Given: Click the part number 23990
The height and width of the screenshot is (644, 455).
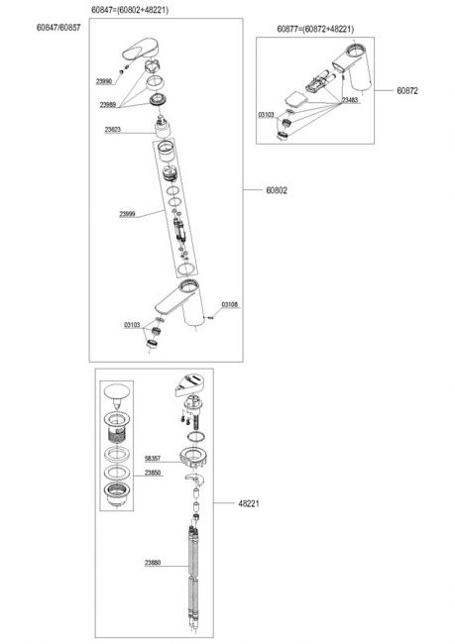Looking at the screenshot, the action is tap(103, 81).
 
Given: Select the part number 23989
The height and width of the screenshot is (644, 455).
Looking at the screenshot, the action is tap(108, 105).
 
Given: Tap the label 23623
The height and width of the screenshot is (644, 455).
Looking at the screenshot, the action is tap(113, 130).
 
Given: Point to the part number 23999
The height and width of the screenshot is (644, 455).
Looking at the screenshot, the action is tap(127, 214).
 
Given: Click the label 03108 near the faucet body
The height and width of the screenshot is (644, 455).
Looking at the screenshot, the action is tap(229, 305).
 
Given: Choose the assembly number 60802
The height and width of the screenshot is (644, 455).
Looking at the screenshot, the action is tap(277, 190).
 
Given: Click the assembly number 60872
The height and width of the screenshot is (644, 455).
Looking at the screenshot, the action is tap(407, 91).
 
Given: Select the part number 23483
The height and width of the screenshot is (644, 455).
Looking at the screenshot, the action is tap(350, 100).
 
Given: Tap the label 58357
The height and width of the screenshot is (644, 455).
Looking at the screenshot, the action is tap(153, 458).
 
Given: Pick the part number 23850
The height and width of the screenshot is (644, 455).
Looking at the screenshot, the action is tap(153, 473).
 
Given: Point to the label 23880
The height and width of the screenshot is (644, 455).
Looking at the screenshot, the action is tap(153, 563).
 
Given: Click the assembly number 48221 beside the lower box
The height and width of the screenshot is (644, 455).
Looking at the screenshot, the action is tap(249, 503).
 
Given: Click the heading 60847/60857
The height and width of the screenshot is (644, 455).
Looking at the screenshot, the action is tap(58, 28).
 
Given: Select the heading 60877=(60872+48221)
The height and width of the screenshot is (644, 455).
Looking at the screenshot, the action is tap(315, 29).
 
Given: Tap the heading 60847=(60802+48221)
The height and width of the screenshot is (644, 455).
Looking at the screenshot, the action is tap(130, 10).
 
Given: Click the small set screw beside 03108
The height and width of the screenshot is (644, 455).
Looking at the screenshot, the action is tap(211, 317).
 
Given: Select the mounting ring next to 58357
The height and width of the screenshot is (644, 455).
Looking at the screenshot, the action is tap(195, 457).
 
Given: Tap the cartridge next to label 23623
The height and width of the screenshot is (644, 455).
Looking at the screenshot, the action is tap(164, 127).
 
